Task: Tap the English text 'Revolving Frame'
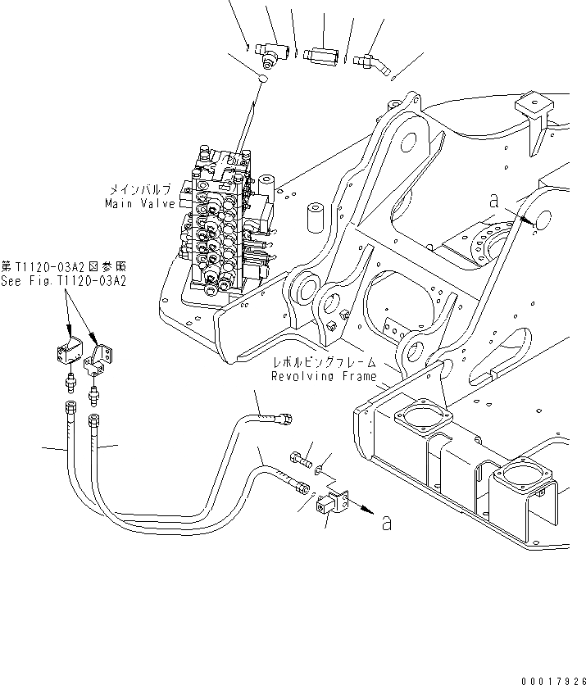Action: pos(325,377)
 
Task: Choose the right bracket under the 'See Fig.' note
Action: pos(102,354)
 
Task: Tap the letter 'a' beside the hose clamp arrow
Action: pos(386,522)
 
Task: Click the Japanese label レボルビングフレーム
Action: pos(325,362)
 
